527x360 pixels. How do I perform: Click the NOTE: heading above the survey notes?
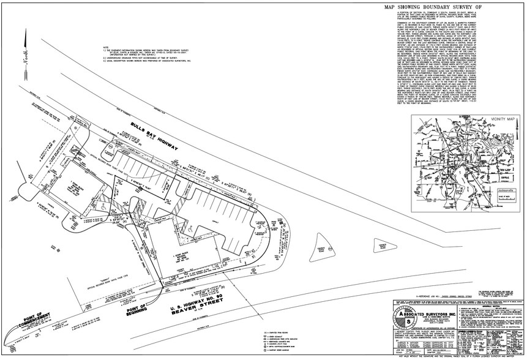point(106,47)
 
